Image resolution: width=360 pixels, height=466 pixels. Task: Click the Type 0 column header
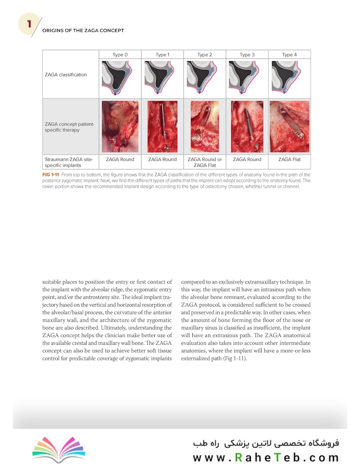[x=120, y=55]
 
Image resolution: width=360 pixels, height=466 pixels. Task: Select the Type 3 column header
[x=247, y=55]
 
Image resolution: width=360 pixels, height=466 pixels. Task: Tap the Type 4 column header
[x=289, y=55]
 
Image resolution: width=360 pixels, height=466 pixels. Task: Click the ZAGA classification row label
[x=66, y=75]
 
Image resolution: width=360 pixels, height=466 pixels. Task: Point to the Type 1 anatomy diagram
[x=162, y=77]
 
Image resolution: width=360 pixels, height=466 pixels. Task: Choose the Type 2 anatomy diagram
[x=204, y=77]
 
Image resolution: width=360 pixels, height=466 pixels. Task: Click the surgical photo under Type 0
[x=120, y=127]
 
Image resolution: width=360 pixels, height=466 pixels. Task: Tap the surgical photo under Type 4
[x=289, y=127]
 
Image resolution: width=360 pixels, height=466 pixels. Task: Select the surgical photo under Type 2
[x=204, y=127]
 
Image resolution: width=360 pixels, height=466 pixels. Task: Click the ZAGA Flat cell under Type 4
[x=289, y=160]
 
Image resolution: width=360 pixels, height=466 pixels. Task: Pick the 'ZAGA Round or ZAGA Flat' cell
[x=205, y=162]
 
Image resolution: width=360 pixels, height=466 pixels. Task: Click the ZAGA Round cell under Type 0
[x=120, y=160]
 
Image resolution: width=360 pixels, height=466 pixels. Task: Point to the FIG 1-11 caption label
[x=52, y=175]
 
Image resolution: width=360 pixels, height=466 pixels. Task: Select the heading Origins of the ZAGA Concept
[x=83, y=31]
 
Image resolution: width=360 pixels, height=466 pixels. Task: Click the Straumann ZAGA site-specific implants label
[x=69, y=162]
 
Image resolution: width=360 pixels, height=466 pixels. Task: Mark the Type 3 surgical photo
[x=247, y=127]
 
